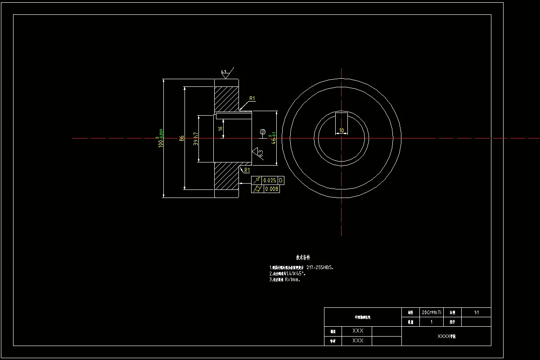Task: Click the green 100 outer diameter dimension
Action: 161,138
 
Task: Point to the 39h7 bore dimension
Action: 196,138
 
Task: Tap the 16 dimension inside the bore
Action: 220,128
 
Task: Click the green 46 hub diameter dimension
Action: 273,138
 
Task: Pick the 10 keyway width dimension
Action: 342,130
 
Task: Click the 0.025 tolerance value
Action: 270,180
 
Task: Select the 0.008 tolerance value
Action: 271,189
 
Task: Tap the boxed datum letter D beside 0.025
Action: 281,180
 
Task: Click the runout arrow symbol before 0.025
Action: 257,180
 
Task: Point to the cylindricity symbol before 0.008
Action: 257,189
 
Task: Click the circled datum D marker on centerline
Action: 262,132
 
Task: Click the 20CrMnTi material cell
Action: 431,312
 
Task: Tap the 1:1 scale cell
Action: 476,312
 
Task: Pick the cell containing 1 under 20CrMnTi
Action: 431,322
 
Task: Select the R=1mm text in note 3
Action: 292,279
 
